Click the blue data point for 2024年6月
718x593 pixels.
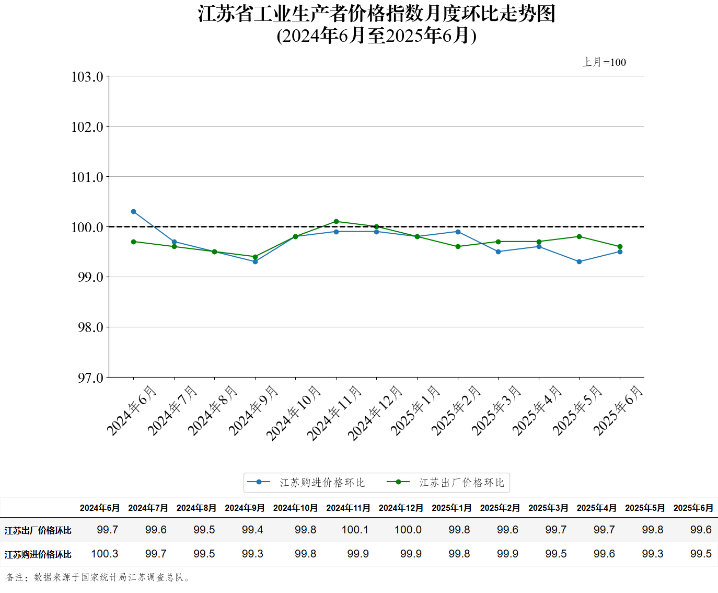[133, 212]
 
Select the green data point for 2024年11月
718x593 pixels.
[336, 222]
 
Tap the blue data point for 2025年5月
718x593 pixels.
[579, 261]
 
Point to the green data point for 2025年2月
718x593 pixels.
[458, 247]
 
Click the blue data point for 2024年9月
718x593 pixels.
[255, 261]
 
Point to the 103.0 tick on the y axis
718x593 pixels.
[87, 77]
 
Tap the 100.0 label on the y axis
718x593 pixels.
[87, 227]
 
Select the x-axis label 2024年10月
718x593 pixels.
[293, 413]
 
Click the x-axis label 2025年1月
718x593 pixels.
[415, 410]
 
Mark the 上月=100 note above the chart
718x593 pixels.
[604, 62]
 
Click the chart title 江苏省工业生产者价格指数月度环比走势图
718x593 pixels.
[376, 14]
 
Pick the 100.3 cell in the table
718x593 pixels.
[105, 554]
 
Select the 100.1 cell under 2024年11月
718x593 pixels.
[355, 530]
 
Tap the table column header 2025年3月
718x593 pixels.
[548, 508]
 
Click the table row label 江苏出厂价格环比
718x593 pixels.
[38, 530]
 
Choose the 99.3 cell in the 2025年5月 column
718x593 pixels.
[652, 554]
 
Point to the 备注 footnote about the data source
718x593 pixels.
[99, 577]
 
